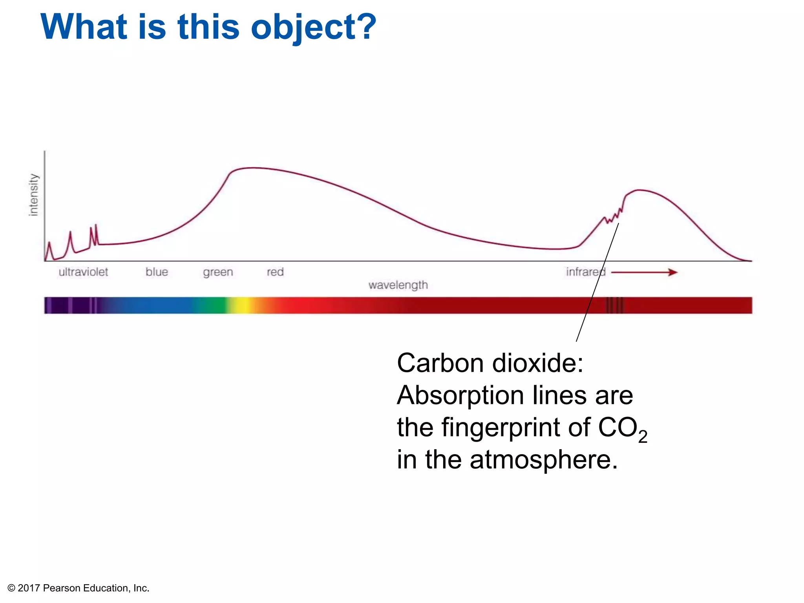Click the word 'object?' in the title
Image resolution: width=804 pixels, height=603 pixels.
(313, 27)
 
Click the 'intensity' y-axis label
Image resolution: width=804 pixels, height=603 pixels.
(34, 195)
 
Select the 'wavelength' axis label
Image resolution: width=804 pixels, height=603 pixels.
(398, 285)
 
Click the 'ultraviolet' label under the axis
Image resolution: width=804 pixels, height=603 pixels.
(83, 272)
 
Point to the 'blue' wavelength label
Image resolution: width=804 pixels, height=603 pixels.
(157, 272)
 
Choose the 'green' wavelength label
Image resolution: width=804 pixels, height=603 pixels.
(218, 272)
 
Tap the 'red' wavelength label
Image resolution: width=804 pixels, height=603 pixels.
(275, 272)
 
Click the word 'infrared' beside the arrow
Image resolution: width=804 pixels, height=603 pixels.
(585, 272)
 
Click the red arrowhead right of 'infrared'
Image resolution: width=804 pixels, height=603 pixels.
(673, 272)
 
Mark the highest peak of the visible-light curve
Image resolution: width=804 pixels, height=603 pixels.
(253, 168)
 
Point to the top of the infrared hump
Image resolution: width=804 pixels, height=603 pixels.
(639, 190)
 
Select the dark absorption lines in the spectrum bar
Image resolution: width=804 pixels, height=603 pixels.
(615, 305)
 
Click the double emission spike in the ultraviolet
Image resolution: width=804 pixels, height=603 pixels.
(93, 234)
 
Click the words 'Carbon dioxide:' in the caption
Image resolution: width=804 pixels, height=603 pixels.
(490, 363)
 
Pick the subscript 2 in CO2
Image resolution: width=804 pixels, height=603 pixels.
(643, 437)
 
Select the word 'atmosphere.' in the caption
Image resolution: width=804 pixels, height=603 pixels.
(544, 460)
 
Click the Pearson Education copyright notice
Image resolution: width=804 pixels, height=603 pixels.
(79, 588)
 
